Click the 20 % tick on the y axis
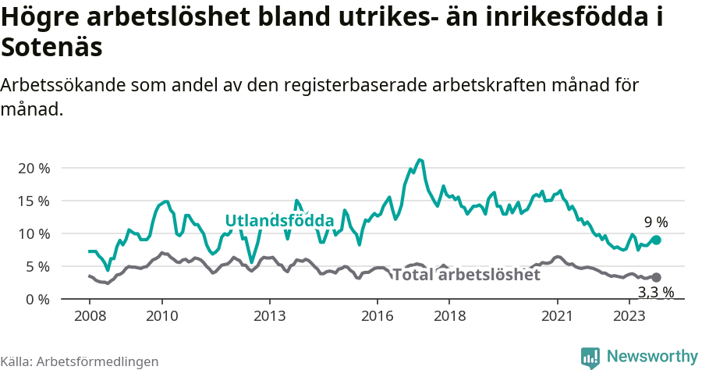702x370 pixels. coord(34,168)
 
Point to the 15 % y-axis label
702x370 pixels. coord(34,201)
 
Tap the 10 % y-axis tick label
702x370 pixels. coord(34,233)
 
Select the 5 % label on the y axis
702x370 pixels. coord(37,266)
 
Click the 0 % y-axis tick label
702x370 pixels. coord(37,299)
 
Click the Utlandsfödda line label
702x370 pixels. coord(279,220)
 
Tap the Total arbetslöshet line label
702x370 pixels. coord(466,275)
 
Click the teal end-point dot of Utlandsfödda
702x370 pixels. coord(656,240)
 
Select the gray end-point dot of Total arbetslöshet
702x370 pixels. coord(656,277)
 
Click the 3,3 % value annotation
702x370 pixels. coord(655,293)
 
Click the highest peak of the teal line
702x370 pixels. coord(420,159)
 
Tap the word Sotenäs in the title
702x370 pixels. coord(52,48)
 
